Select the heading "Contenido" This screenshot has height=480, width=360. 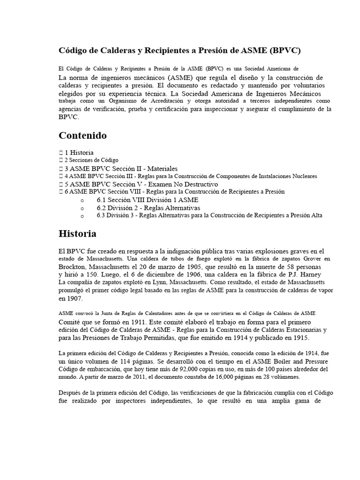click(x=82, y=135)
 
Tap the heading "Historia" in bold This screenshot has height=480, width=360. click(x=77, y=233)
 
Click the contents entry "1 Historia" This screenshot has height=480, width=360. click(x=79, y=152)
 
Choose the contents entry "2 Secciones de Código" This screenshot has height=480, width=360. click(x=91, y=160)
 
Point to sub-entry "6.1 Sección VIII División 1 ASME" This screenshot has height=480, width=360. click(x=141, y=200)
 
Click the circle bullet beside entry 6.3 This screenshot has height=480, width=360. click(x=82, y=216)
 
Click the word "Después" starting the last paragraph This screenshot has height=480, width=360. click(x=71, y=393)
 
